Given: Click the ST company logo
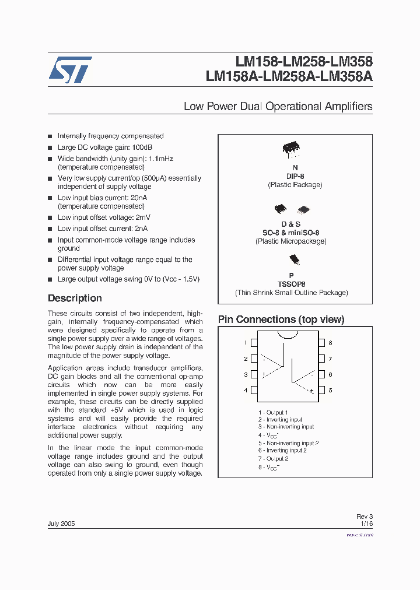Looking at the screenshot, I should pyautogui.click(x=70, y=70).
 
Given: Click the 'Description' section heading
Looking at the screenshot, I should pyautogui.click(x=75, y=298).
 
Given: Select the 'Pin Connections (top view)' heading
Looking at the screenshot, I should pyautogui.click(x=281, y=319).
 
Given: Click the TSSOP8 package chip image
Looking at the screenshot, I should pyautogui.click(x=293, y=259).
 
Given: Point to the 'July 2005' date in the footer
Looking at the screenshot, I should pyautogui.click(x=61, y=524).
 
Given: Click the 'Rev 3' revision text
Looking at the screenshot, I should pyautogui.click(x=364, y=517).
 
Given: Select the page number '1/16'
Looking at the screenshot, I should pyautogui.click(x=366, y=524).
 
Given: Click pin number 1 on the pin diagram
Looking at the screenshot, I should pyautogui.click(x=246, y=343).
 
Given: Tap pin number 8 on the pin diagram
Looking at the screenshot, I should pyautogui.click(x=330, y=343).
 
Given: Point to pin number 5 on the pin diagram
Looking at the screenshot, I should pyautogui.click(x=330, y=390).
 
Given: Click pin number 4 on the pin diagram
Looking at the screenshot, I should pyautogui.click(x=246, y=390).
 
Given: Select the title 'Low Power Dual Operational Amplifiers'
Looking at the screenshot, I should pyautogui.click(x=278, y=107).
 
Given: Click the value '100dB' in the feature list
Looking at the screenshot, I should pyautogui.click(x=143, y=148).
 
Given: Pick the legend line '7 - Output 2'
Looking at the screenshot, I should pyautogui.click(x=273, y=458).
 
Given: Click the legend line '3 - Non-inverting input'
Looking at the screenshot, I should pyautogui.click(x=286, y=427).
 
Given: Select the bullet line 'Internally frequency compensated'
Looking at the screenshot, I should pyautogui.click(x=110, y=136).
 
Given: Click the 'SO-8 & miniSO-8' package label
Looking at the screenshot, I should pyautogui.click(x=295, y=233).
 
